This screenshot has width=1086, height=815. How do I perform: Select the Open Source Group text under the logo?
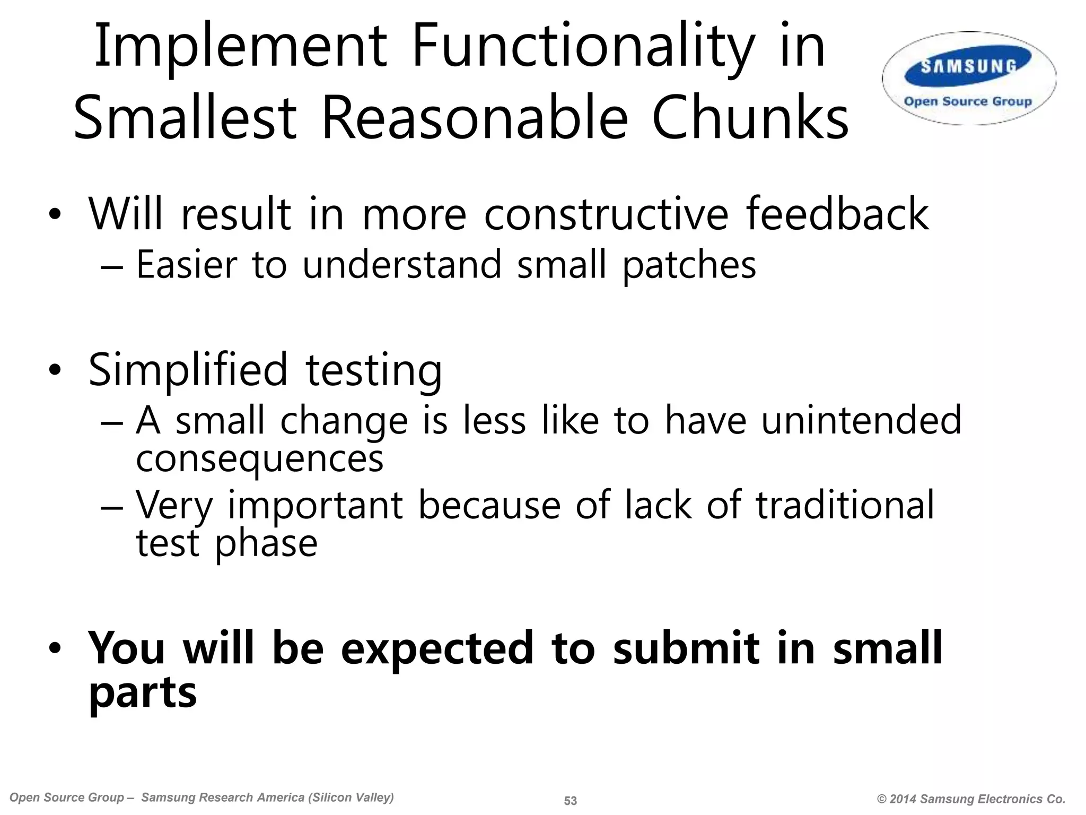[x=968, y=101]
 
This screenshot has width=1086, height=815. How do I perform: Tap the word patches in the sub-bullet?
[x=689, y=265]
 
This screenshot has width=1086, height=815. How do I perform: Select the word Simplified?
[x=188, y=370]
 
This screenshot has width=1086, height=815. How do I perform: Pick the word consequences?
[x=259, y=459]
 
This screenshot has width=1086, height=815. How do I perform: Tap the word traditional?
[x=845, y=505]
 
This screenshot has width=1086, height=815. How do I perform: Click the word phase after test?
[x=266, y=544]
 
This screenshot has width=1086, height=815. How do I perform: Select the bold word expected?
[x=436, y=648]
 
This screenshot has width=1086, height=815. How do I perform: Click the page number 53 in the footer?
[x=570, y=801]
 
